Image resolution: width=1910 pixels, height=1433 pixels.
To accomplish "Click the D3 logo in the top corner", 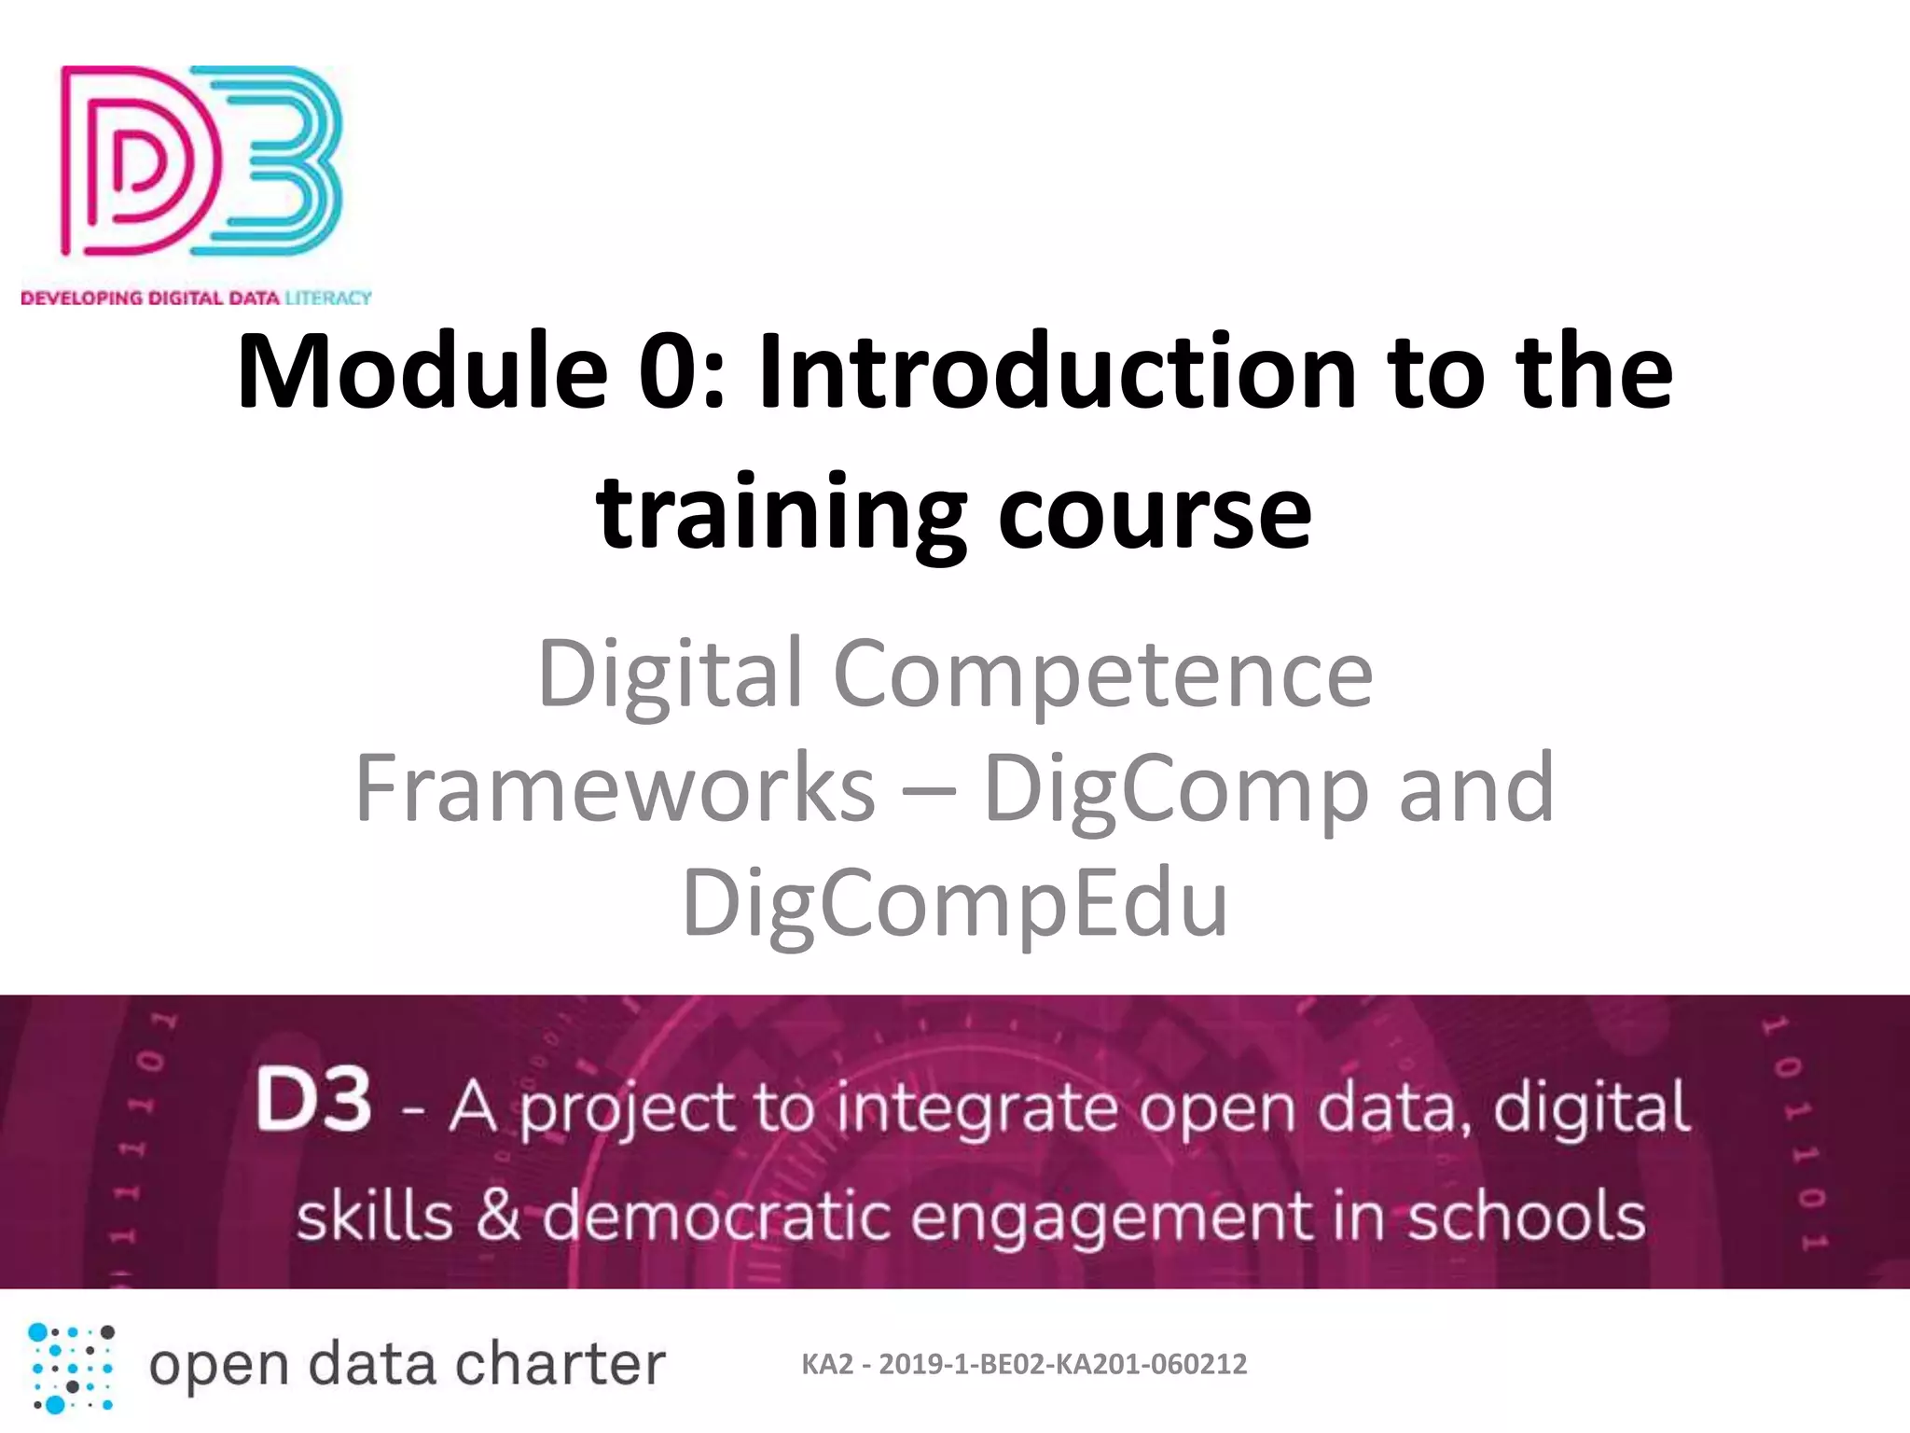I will [x=201, y=160].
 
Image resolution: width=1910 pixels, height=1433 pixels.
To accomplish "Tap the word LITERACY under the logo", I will [x=328, y=299].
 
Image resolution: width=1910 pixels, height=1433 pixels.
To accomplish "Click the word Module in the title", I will [x=422, y=372].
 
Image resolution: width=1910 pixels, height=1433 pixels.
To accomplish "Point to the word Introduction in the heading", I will [x=1058, y=372].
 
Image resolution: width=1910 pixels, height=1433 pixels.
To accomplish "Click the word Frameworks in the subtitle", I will [x=615, y=789].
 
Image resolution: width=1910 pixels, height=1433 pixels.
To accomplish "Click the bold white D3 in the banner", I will [x=313, y=1102].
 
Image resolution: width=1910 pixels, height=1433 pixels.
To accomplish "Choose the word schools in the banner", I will [x=1526, y=1217].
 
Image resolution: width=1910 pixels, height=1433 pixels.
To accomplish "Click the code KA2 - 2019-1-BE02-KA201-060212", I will [x=1024, y=1365].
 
